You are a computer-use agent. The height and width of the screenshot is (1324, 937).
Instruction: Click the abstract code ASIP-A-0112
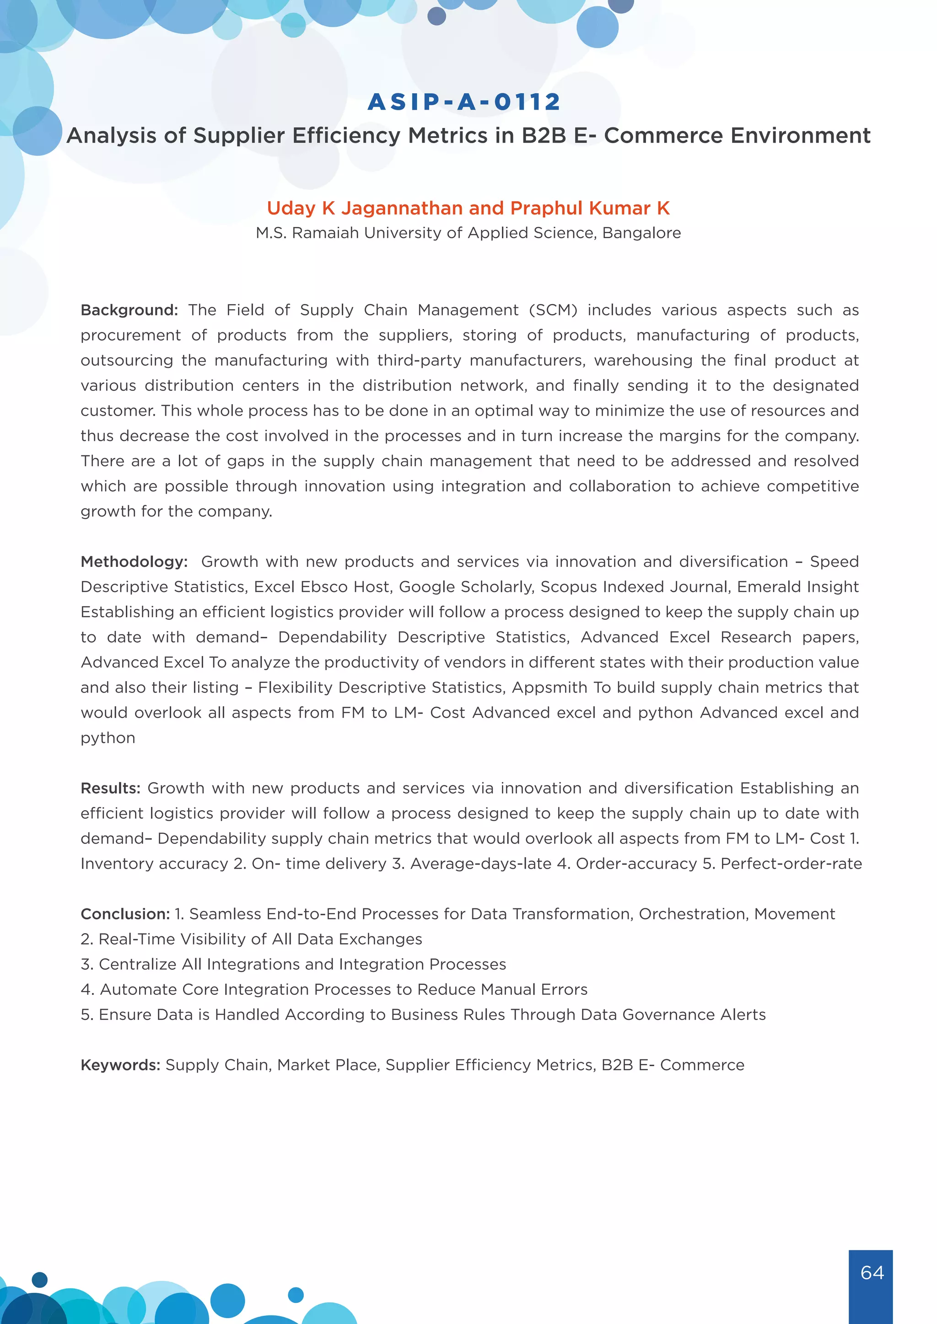point(464,102)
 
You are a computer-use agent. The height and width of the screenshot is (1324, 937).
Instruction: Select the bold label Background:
point(129,310)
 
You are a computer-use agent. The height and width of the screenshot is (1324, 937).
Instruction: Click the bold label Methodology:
point(134,562)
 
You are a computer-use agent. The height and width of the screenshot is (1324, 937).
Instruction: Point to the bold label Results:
point(110,788)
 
